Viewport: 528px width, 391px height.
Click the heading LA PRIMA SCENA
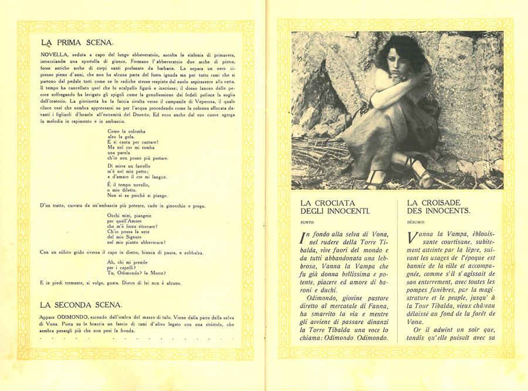pyautogui.click(x=82, y=43)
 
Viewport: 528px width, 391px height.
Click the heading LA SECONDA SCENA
pyautogui.click(x=82, y=305)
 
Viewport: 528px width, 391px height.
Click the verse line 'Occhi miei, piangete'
pyautogui.click(x=130, y=216)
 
